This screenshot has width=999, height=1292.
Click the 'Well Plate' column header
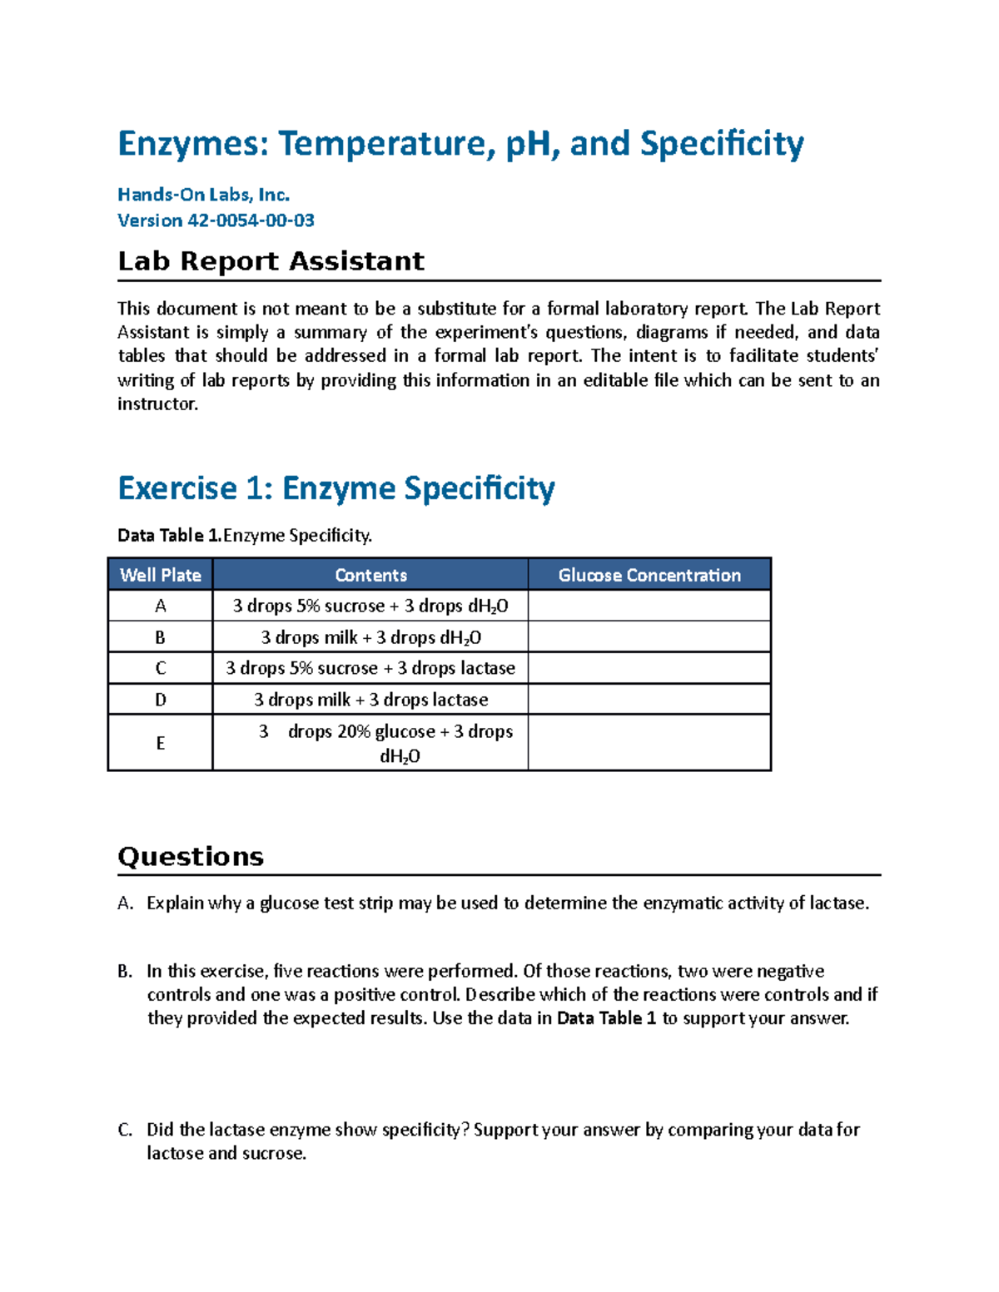tap(160, 575)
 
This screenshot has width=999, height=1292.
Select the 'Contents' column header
tap(370, 575)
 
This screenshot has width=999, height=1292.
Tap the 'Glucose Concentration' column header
tap(649, 575)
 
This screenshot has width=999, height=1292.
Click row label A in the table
tap(160, 606)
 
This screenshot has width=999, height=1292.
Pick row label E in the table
tap(160, 743)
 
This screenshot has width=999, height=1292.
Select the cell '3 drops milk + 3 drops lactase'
tap(370, 700)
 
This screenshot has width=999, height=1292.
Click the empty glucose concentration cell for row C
tap(649, 668)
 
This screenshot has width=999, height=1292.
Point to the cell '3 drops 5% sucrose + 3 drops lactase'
tap(370, 668)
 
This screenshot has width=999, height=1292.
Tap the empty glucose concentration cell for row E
tap(649, 743)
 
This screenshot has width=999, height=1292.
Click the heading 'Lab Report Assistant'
tap(271, 261)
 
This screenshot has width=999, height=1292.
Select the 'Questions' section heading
tap(191, 857)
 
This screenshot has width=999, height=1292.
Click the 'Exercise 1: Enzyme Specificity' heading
tap(336, 488)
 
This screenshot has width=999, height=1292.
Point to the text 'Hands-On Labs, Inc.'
tap(203, 195)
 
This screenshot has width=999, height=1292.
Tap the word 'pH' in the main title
tap(527, 144)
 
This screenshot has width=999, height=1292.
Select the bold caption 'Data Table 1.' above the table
tap(170, 535)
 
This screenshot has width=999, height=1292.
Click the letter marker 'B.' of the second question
tap(125, 971)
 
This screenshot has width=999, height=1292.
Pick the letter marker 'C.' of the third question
tap(125, 1130)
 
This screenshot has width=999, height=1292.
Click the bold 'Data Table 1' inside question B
tap(606, 1018)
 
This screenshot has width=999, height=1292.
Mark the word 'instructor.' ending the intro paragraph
tap(158, 404)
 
